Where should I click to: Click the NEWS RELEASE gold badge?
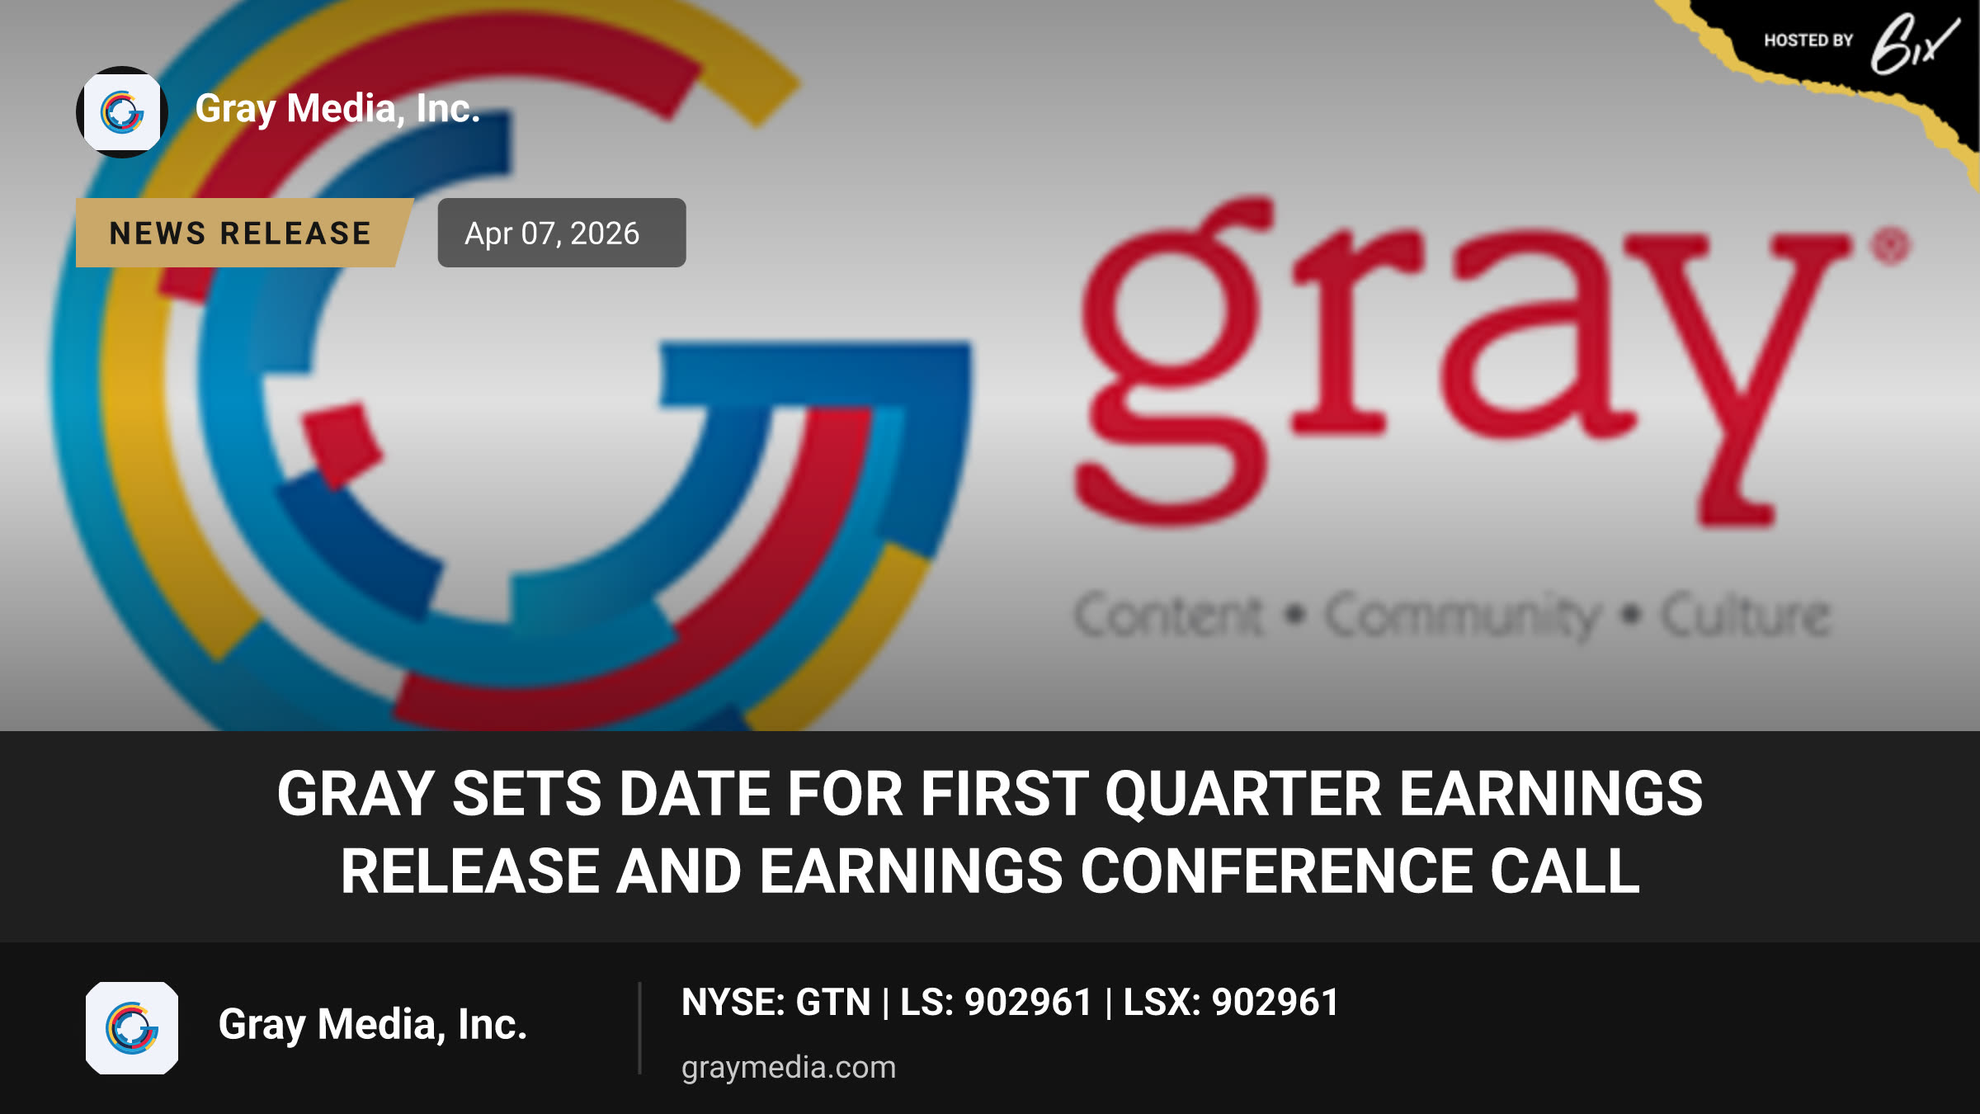[243, 233]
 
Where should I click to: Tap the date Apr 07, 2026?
[552, 234]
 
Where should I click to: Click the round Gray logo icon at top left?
[122, 112]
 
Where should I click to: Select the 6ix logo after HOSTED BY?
[1913, 44]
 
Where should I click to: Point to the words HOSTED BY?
[1808, 40]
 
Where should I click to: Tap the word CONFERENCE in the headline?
[1276, 871]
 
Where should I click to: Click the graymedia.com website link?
[789, 1068]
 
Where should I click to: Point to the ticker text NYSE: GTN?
[775, 1003]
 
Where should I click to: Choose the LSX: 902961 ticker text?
[1231, 1003]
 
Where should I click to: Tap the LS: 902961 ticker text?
[996, 1003]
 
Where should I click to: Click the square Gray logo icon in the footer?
[132, 1028]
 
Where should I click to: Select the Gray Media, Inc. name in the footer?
[373, 1025]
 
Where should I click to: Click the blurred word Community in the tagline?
[1463, 616]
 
